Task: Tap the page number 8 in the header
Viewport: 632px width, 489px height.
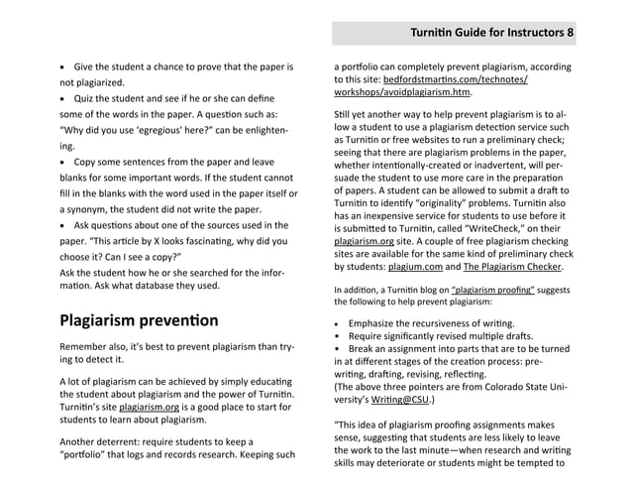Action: click(x=570, y=33)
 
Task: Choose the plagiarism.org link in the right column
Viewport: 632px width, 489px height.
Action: click(x=365, y=240)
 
